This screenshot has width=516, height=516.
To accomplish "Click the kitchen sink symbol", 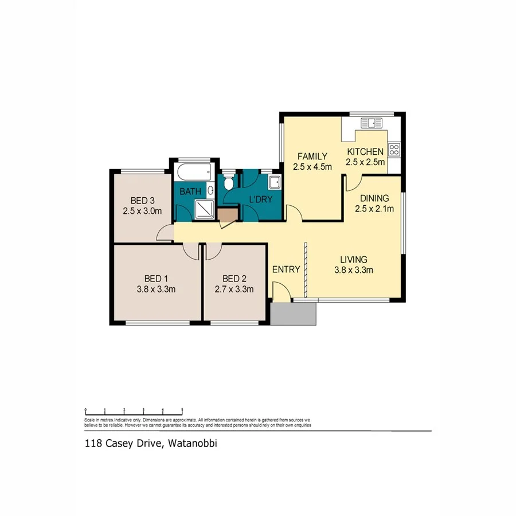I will pyautogui.click(x=371, y=122).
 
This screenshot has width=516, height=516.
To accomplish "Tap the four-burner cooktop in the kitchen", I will pyautogui.click(x=394, y=150).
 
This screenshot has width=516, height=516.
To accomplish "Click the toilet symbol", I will pyautogui.click(x=229, y=183).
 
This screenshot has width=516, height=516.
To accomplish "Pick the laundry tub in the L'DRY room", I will pyautogui.click(x=275, y=183).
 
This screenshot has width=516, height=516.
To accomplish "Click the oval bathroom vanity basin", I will pyautogui.click(x=212, y=190).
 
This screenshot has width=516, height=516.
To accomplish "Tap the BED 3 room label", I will pyautogui.click(x=142, y=201).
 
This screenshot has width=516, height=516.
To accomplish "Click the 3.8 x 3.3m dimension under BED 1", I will pyautogui.click(x=156, y=290).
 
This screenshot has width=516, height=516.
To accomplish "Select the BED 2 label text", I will pyautogui.click(x=234, y=279).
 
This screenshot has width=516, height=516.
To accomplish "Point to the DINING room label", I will pyautogui.click(x=374, y=198).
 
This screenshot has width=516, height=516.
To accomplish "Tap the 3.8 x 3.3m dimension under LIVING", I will pyautogui.click(x=354, y=270).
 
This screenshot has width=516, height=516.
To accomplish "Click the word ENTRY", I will pyautogui.click(x=286, y=269).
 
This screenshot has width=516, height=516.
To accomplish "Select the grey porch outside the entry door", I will pyautogui.click(x=294, y=314).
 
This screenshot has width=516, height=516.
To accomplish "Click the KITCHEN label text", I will pyautogui.click(x=365, y=152).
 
